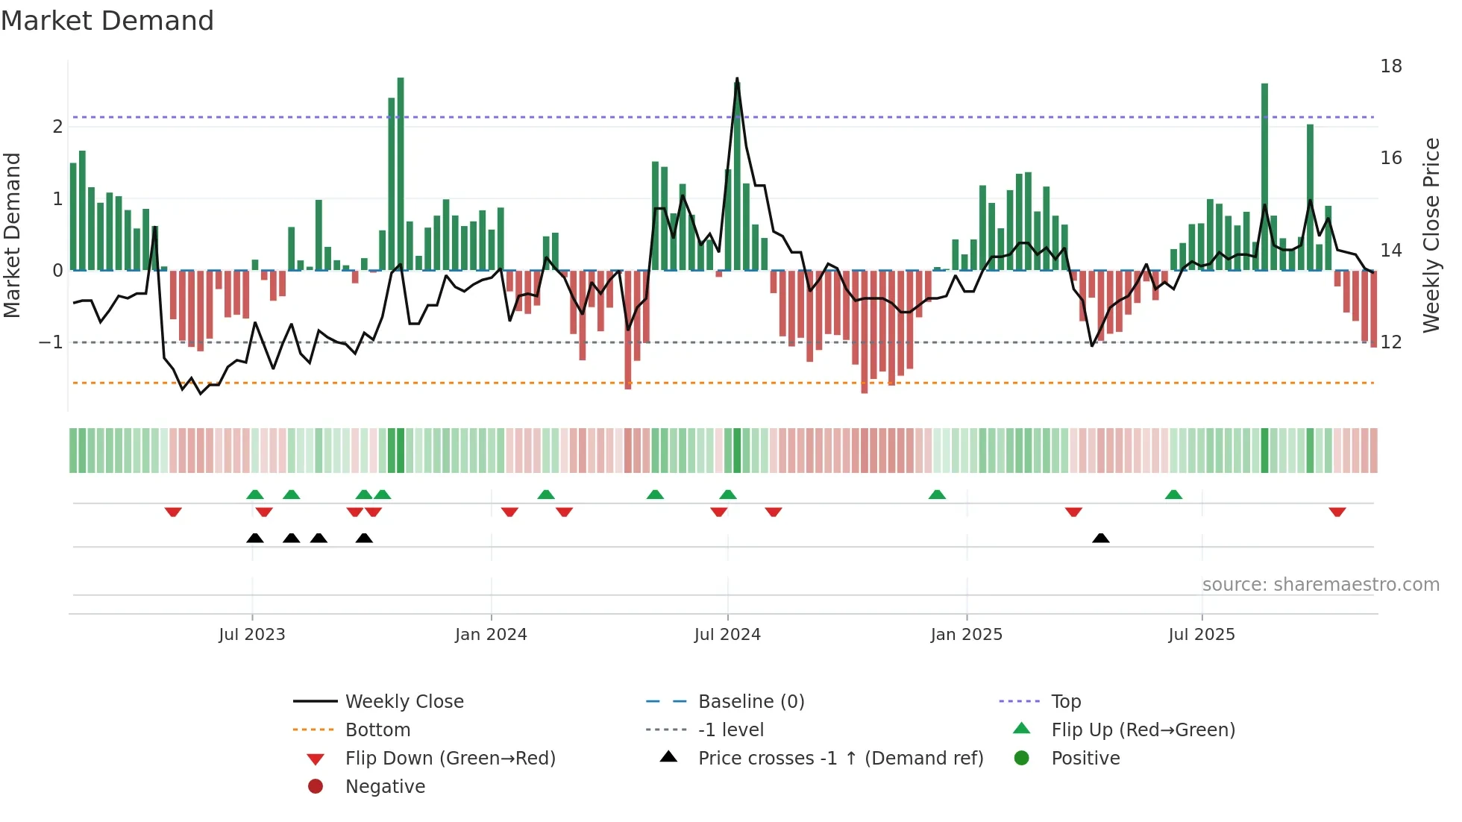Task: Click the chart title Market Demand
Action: coord(107,20)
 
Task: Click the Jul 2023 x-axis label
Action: coord(251,635)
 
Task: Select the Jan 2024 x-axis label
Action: coord(491,635)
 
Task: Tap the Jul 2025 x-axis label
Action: coord(1201,635)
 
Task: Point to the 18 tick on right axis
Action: coord(1390,66)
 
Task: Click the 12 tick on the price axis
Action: coord(1390,342)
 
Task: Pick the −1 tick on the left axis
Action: coord(51,342)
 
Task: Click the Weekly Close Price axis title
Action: coord(1431,235)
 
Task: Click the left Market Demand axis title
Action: coord(12,235)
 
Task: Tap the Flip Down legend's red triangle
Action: coord(316,759)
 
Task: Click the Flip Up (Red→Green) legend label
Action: coord(1143,730)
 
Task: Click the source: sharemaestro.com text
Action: coord(1320,585)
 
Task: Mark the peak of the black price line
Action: coord(737,78)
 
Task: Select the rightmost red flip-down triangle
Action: coord(1337,512)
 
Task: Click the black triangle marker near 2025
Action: coord(1100,538)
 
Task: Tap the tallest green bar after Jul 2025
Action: coord(1264,176)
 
